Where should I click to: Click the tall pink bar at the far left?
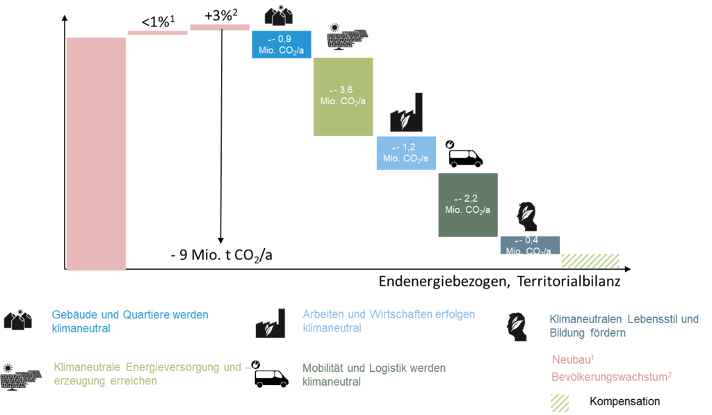coord(96,153)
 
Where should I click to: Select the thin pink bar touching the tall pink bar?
coord(157,33)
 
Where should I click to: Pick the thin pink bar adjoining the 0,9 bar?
coord(220,27)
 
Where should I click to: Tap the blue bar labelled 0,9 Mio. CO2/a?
coord(281,44)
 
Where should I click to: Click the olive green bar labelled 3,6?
coord(343,96)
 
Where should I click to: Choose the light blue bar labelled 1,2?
coord(405,153)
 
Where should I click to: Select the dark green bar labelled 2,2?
coord(467,204)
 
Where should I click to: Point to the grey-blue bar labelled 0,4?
coord(529,245)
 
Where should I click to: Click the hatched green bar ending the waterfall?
coord(590,261)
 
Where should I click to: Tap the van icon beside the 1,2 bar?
coord(464,154)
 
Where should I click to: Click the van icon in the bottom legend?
coord(270,374)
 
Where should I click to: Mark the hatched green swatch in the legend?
coord(560,403)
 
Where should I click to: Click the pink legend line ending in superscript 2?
coord(613,376)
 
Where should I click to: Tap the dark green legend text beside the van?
coord(373,374)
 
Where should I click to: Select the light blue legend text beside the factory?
coord(388,320)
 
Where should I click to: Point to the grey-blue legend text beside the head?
coord(623,325)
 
